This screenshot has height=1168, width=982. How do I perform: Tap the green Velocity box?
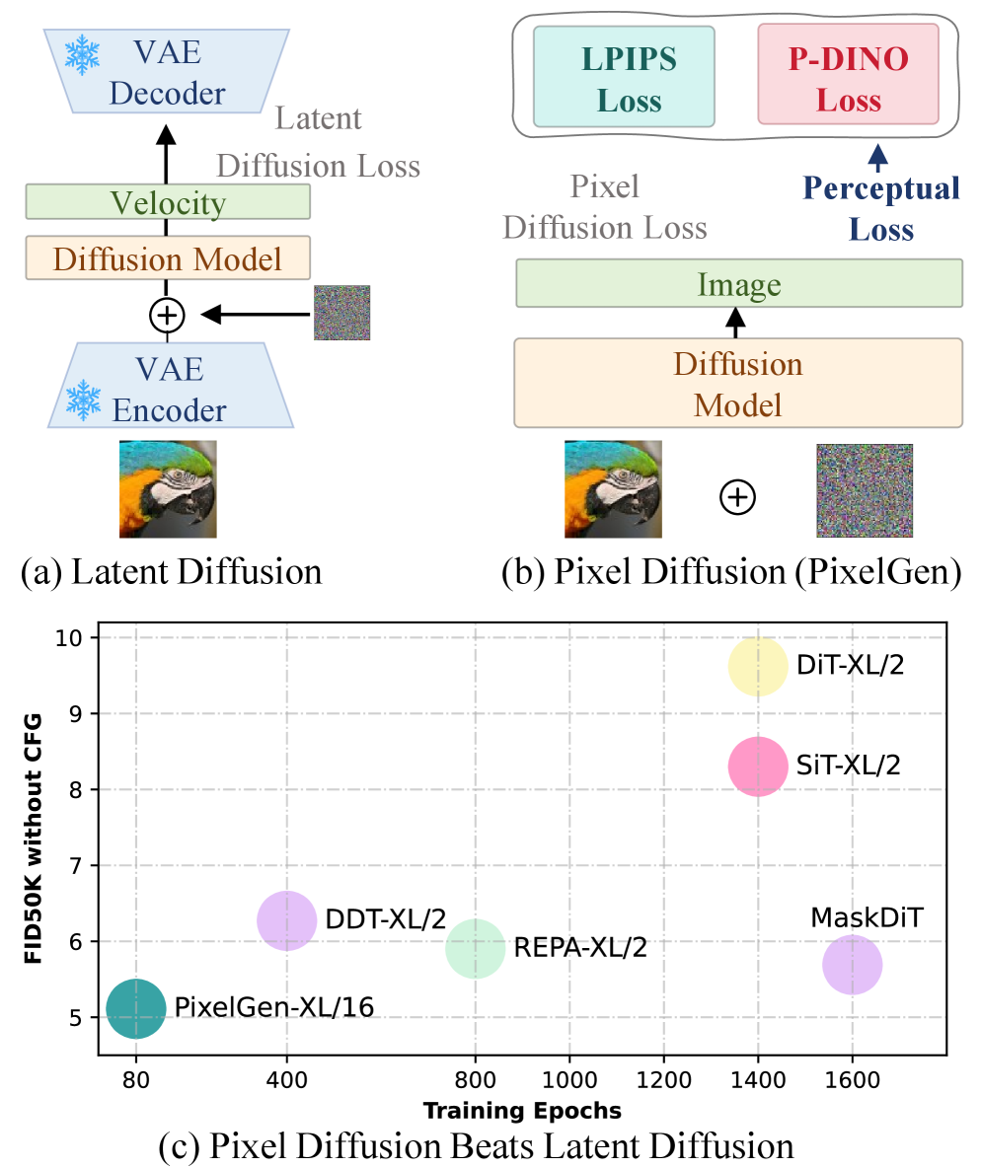[168, 202]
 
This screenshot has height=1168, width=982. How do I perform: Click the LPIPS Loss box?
[624, 77]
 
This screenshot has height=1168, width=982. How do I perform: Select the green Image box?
[739, 284]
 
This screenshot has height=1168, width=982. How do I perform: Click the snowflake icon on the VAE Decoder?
[83, 53]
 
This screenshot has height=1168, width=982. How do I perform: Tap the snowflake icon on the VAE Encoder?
[83, 401]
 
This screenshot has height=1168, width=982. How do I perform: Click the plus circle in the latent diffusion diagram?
[167, 315]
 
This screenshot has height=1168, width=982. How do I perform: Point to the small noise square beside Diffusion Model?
[341, 313]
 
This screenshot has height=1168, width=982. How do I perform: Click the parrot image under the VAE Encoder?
[168, 488]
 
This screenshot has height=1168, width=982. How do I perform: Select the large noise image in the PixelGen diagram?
[865, 489]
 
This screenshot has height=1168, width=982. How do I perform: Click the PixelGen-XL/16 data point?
[136, 1008]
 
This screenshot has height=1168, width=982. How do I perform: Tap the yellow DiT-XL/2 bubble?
[758, 667]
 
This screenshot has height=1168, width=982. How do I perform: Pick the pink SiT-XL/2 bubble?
[758, 766]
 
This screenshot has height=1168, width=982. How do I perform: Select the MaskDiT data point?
[852, 966]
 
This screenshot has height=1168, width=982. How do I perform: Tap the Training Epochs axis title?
[522, 1111]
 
